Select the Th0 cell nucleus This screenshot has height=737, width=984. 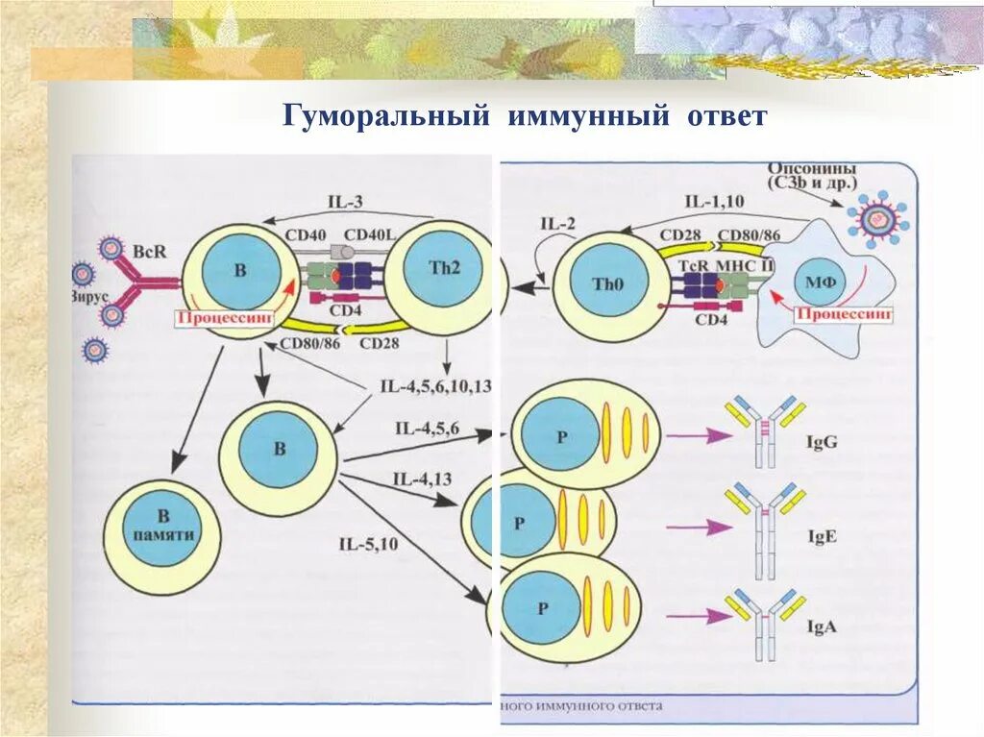pos(603,285)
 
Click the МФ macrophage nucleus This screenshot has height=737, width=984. pos(819,283)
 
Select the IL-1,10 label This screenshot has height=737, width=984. pos(715,201)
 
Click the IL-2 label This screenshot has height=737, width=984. pos(557,225)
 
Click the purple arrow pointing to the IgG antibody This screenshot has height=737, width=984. pos(700,436)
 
